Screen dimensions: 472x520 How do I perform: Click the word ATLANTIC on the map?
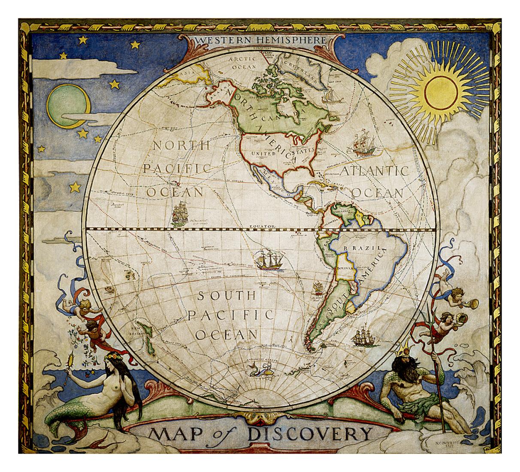[x=374, y=171]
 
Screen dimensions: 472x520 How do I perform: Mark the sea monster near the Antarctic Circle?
[x=260, y=369]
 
